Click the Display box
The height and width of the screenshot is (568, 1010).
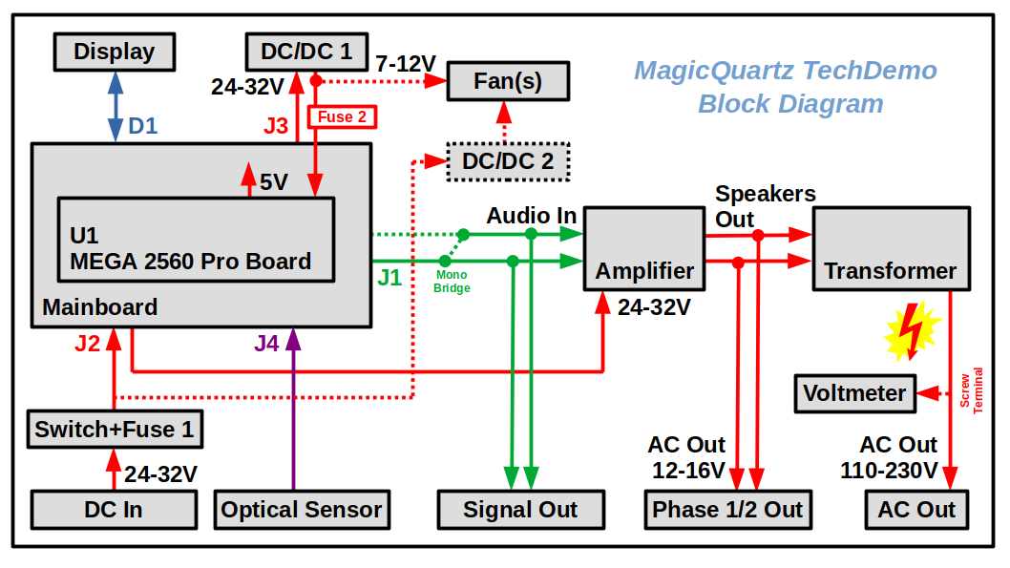point(115,52)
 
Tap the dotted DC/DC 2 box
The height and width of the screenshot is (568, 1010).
point(508,161)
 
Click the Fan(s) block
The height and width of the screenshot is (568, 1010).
point(508,81)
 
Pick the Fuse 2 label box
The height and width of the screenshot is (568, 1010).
point(341,117)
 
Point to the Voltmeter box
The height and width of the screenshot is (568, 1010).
point(854,392)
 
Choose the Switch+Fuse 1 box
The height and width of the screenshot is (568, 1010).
point(115,430)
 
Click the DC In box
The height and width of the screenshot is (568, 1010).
point(114,510)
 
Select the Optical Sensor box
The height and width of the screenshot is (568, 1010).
point(302,510)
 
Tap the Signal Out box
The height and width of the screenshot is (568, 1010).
point(521,510)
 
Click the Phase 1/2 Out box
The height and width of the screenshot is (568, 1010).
point(727,510)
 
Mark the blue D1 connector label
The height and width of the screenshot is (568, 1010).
point(142,125)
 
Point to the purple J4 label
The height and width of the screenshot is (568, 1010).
point(267,344)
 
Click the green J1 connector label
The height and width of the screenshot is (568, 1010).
point(389,278)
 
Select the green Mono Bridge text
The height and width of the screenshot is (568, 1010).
point(452,282)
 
